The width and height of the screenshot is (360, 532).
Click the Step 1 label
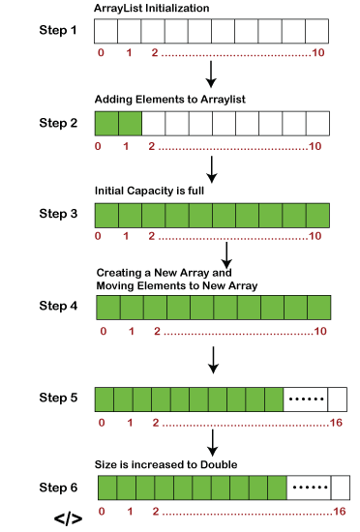58,30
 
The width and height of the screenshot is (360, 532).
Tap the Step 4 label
58,306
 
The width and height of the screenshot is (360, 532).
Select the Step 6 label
58,488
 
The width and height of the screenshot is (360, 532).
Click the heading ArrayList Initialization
151,8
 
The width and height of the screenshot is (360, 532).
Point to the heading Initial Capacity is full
149,191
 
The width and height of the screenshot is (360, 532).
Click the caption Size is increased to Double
165,464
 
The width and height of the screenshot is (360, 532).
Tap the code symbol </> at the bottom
68,518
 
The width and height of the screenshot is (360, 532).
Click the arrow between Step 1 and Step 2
211,74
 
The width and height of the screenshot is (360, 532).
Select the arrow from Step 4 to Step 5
213,360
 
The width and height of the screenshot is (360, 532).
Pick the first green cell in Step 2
106,124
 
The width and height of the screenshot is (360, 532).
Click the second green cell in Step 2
131,124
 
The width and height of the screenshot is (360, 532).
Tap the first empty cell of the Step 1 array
105,31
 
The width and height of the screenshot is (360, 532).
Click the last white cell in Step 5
338,399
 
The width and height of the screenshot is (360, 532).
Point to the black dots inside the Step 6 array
310,488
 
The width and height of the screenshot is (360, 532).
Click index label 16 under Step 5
336,423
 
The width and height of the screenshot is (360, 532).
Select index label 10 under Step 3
315,236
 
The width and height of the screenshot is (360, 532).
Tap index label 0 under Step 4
104,331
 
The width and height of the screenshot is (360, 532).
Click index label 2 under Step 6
156,512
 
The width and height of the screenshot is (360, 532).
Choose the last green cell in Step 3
318,216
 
